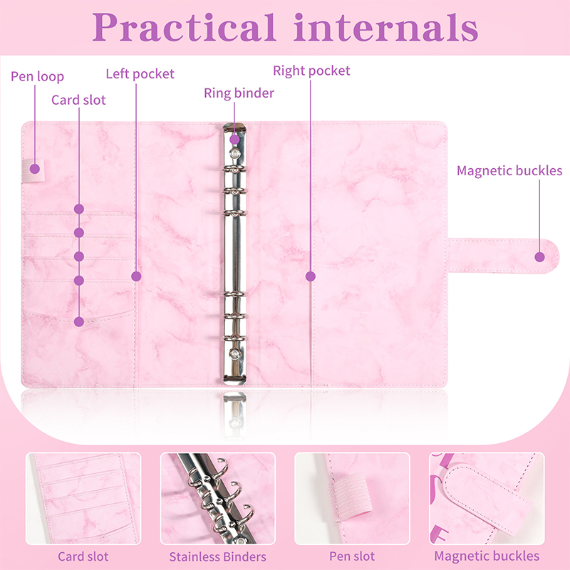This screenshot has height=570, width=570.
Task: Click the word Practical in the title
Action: tap(185, 27)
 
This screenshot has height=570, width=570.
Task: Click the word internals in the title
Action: tap(386, 27)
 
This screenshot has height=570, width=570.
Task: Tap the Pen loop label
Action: tap(38, 76)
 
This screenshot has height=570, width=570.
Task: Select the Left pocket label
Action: tap(140, 74)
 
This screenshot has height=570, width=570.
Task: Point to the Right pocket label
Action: tap(311, 71)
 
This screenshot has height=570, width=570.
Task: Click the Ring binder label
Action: tap(239, 93)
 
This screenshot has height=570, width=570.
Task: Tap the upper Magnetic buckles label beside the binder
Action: tap(509, 170)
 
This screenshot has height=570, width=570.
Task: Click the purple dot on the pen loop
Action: tap(35, 169)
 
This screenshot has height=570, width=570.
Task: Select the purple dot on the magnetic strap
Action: tap(540, 257)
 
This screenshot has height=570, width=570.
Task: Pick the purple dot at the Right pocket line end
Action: tap(311, 276)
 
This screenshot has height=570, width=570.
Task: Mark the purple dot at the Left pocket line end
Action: tap(136, 276)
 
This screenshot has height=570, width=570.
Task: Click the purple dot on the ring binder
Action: tap(235, 139)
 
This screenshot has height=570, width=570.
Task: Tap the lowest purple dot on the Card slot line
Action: tap(79, 321)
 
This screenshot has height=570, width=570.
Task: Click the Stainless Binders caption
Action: tap(218, 556)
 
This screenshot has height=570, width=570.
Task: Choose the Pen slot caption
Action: tap(352, 556)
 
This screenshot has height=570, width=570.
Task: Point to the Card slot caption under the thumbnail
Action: tap(83, 556)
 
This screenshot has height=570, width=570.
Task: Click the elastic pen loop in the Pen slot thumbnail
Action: tap(351, 494)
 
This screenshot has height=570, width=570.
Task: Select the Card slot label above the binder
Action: tap(78, 100)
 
